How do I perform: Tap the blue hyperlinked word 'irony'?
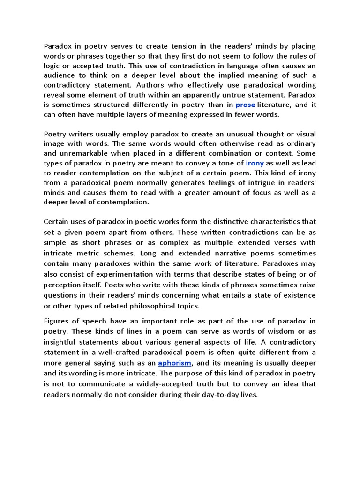[255, 163]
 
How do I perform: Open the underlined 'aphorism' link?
[175, 363]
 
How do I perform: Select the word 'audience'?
[59, 76]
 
